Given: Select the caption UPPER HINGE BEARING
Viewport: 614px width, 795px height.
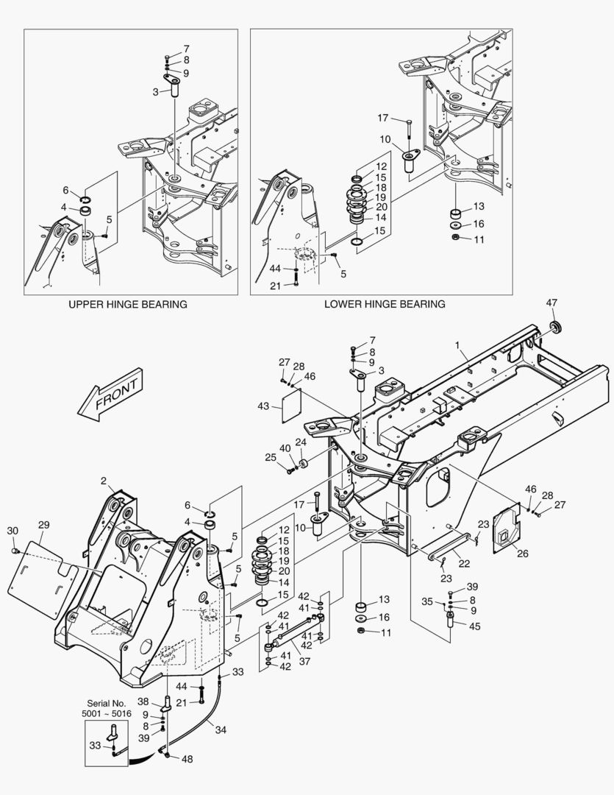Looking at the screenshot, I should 127,304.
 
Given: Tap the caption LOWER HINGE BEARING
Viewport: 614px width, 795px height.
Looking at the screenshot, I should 385,304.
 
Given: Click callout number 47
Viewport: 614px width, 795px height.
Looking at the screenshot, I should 551,303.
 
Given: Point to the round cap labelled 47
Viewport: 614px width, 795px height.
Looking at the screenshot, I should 555,326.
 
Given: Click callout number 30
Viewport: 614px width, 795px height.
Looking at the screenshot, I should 13,531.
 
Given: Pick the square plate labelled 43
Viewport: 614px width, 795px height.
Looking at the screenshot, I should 293,415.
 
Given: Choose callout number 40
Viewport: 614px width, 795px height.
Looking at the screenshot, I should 285,448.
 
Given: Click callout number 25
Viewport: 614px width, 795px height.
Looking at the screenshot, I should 271,458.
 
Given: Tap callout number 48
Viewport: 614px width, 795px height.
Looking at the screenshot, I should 187,759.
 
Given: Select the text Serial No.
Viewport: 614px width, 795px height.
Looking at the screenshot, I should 104,703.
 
